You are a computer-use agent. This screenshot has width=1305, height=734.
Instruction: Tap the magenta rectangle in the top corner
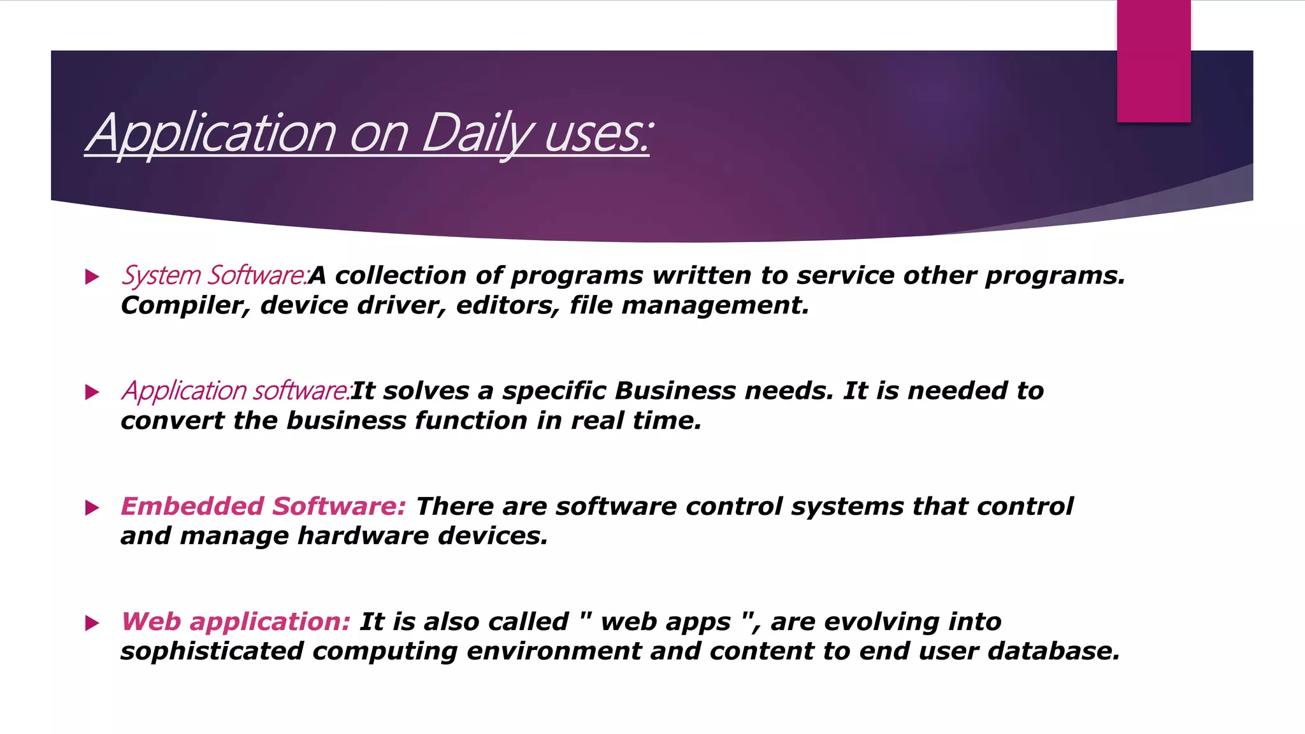point(1153,61)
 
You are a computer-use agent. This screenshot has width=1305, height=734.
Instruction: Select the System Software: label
point(215,275)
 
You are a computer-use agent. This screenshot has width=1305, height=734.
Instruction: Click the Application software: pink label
point(236,391)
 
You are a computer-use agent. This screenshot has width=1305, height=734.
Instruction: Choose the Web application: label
point(236,621)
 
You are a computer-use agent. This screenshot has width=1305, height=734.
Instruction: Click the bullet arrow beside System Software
point(92,277)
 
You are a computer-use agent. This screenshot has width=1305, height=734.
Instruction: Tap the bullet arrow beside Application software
point(92,392)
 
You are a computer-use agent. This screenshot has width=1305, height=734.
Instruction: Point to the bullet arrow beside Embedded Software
point(92,508)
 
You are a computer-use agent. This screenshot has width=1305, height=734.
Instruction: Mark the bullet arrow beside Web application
point(92,623)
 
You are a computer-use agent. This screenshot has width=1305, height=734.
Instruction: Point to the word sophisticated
point(212,651)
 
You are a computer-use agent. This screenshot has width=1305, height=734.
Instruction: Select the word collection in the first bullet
point(401,275)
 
